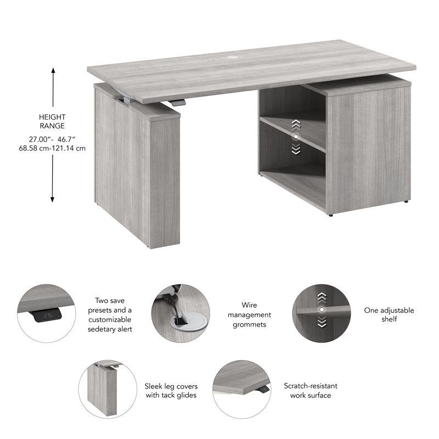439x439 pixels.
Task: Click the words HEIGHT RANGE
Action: [53, 121]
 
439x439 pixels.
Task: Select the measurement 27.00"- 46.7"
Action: [53, 139]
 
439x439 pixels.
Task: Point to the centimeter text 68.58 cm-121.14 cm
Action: [53, 148]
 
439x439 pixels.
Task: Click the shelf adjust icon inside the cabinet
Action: [296, 136]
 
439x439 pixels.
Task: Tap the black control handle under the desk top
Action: [177, 103]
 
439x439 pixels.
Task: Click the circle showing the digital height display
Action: [47, 314]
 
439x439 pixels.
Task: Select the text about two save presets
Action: [110, 314]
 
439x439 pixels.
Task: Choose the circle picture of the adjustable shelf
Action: [322, 314]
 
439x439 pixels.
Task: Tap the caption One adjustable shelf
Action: [389, 314]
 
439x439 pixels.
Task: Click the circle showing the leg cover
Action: [108, 390]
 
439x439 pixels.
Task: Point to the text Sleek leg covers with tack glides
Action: [171, 390]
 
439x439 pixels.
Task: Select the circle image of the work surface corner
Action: [242, 389]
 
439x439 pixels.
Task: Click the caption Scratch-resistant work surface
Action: [311, 390]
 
